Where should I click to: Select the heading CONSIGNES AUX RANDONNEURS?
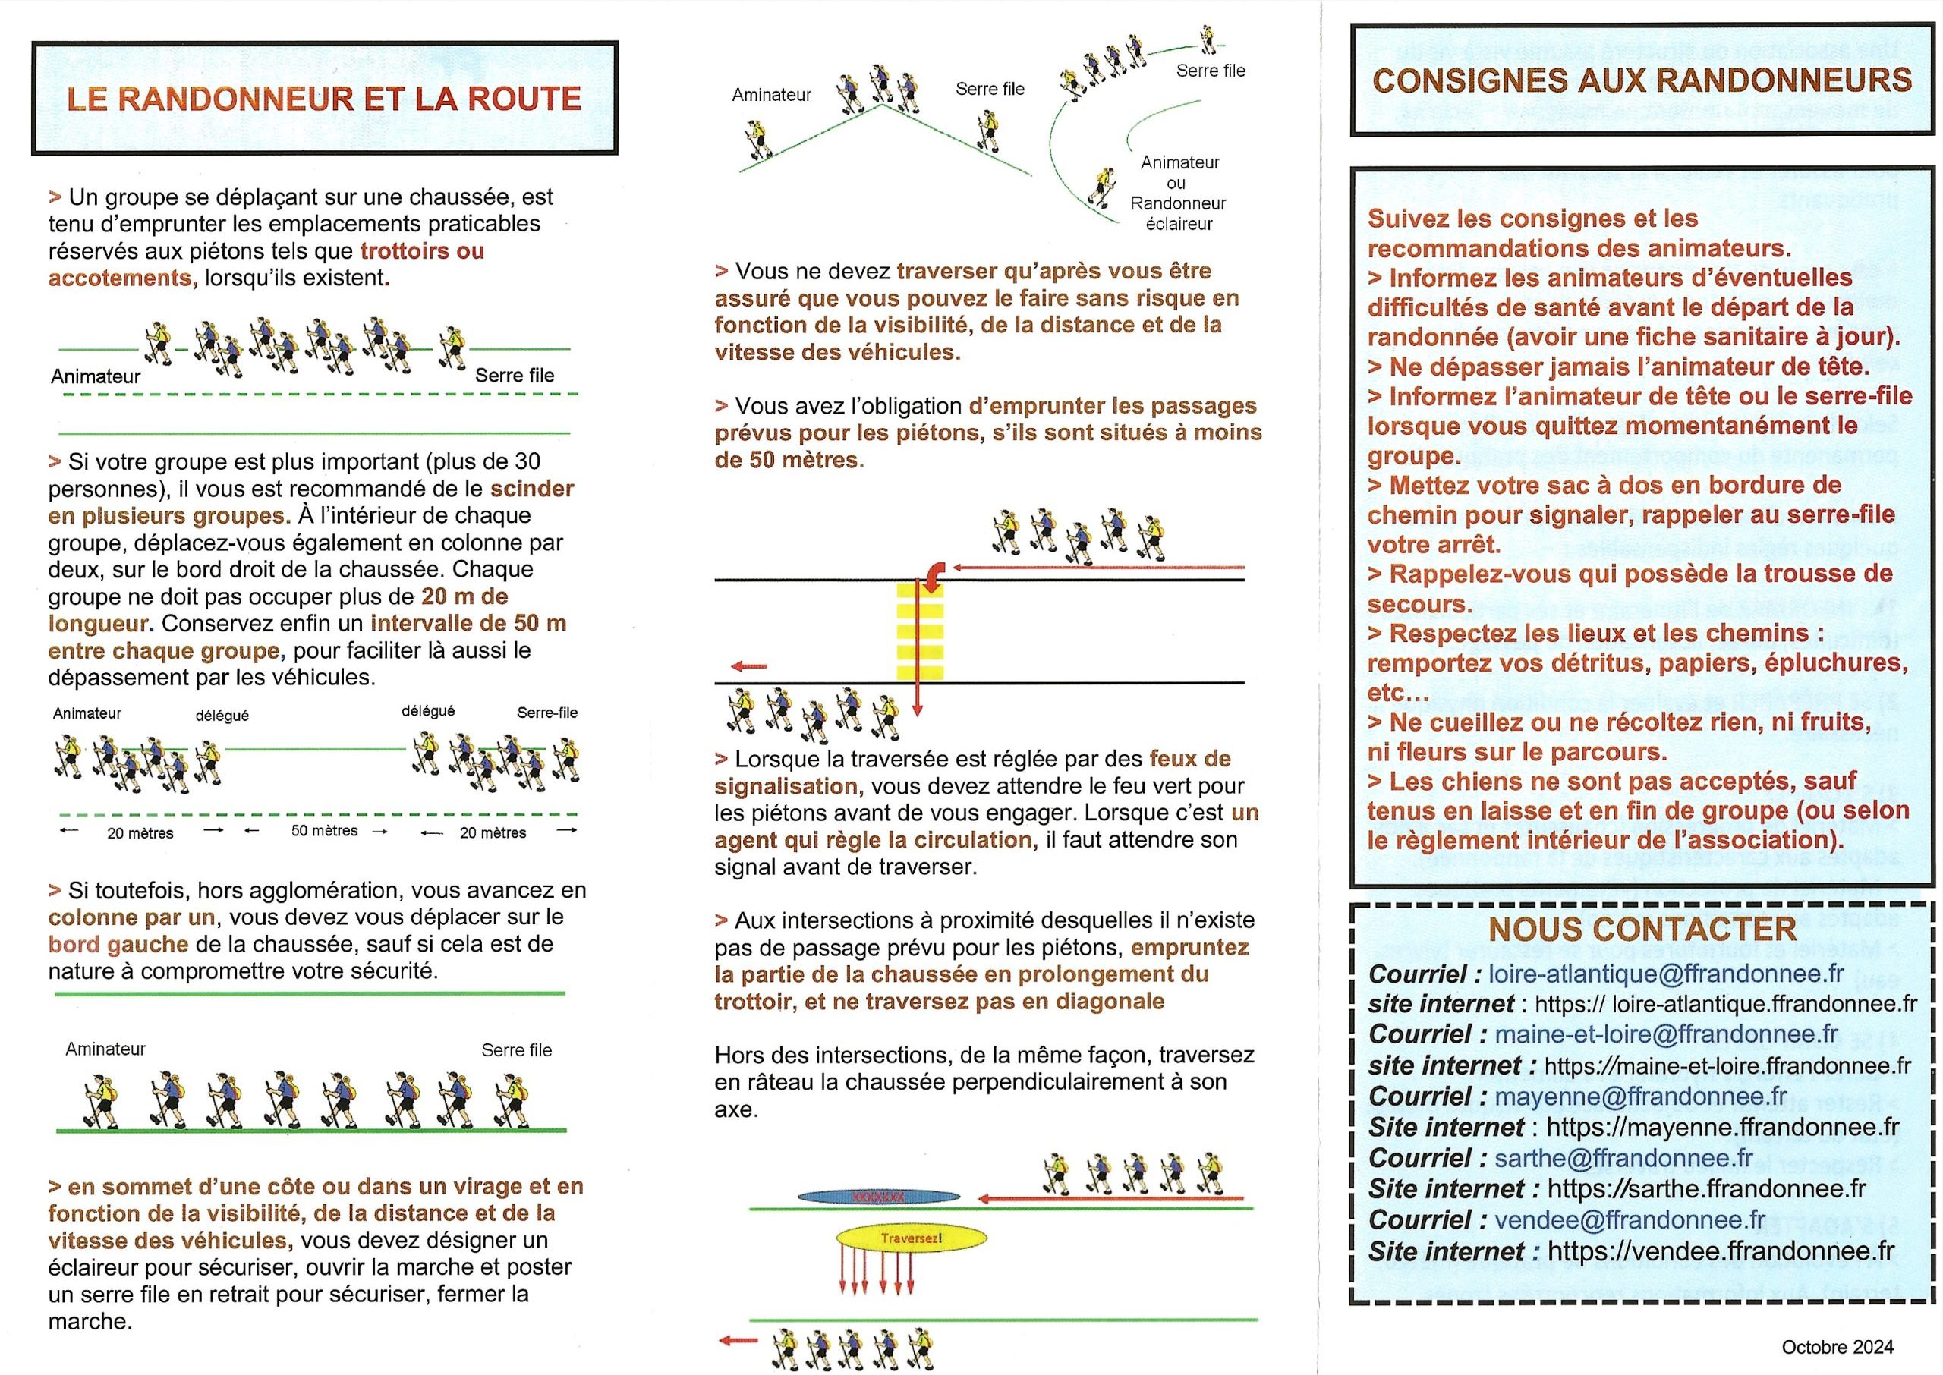click(1642, 80)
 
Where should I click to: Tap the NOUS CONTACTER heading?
click(1642, 929)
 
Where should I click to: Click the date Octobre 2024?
click(1838, 1346)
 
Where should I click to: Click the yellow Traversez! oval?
click(911, 1238)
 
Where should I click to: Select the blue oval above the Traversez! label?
click(880, 1197)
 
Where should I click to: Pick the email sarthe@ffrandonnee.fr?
click(1623, 1157)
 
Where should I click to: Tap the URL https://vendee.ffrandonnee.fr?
click(1721, 1251)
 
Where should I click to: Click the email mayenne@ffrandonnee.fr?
click(1641, 1096)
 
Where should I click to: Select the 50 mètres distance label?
click(324, 831)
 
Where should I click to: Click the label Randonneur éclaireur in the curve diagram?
click(1178, 213)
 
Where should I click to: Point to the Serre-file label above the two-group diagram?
click(547, 713)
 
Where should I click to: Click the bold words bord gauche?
click(118, 944)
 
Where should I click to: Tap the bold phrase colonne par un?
click(131, 917)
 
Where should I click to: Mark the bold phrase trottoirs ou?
click(422, 250)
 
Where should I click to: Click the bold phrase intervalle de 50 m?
click(468, 624)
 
